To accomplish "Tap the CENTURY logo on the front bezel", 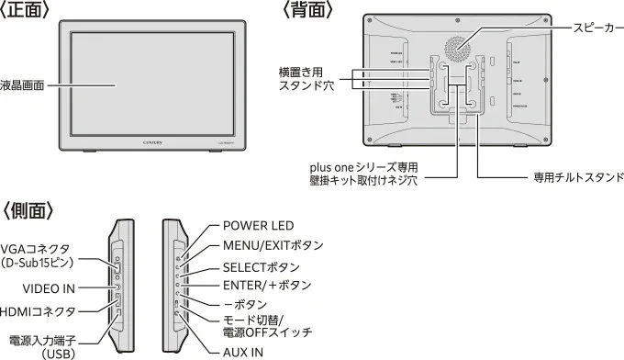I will coord(155,141).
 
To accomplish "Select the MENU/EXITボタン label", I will coord(273,246).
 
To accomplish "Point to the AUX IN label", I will coord(243,351).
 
